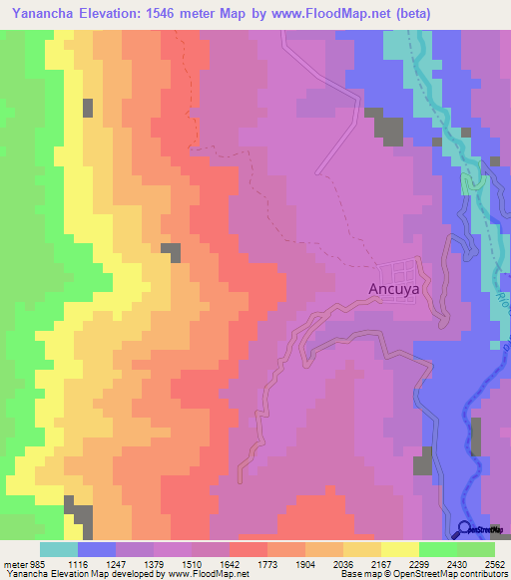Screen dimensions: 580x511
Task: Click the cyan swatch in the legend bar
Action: point(59,549)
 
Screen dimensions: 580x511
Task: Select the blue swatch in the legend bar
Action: point(97,549)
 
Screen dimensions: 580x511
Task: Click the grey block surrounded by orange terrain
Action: point(172,252)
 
